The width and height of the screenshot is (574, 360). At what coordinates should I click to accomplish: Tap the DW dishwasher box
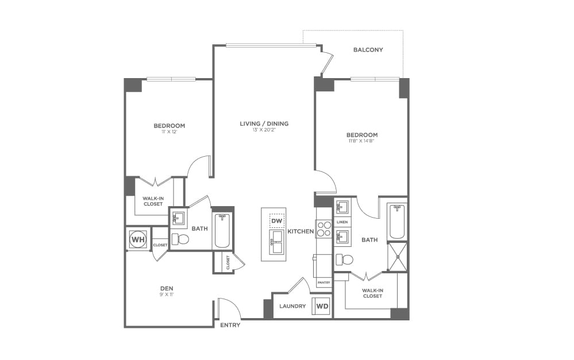click(277, 220)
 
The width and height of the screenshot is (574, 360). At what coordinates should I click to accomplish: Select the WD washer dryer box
click(322, 307)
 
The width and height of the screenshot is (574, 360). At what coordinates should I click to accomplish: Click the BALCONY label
click(368, 50)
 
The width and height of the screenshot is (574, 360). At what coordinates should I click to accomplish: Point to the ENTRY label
click(230, 326)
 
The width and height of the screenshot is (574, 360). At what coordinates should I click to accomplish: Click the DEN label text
click(167, 288)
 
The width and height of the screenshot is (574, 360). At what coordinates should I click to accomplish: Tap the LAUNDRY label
click(292, 307)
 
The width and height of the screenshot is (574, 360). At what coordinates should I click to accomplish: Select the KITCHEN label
click(301, 231)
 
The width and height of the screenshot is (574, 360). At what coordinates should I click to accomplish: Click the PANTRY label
click(323, 282)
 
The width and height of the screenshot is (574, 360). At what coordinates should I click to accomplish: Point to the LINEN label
click(342, 222)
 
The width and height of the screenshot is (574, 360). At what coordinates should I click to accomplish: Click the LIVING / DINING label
click(264, 123)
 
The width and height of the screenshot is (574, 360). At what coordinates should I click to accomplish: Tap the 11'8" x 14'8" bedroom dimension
click(361, 141)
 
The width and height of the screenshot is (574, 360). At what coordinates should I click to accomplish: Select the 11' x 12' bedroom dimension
click(169, 132)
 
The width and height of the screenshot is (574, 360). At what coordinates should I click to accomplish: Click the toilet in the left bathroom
click(182, 239)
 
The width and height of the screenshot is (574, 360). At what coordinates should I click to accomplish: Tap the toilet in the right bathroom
click(345, 260)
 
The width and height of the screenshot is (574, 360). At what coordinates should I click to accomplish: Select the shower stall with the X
click(397, 256)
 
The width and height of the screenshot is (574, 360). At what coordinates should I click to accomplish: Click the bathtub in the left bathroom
click(222, 230)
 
